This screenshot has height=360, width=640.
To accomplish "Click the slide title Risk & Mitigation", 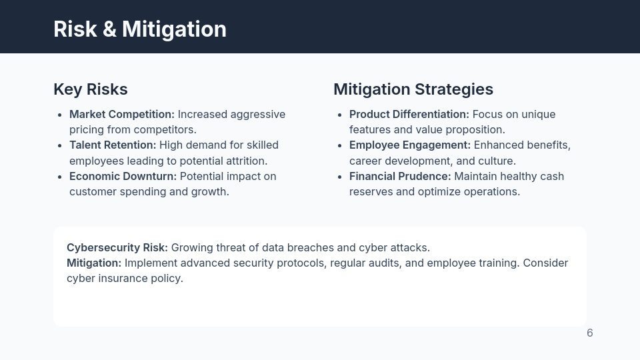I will point(140,29).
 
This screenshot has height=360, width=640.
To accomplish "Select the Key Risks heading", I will point(91,89).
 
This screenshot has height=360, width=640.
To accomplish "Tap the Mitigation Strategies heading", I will point(413,89).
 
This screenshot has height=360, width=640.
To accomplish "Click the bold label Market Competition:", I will point(122,114).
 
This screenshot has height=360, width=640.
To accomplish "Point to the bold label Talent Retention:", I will point(113,145).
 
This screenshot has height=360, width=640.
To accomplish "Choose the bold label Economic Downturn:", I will point(123,176).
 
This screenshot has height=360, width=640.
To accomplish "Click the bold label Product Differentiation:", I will point(409,114).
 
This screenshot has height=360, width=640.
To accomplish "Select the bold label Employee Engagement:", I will point(410,145).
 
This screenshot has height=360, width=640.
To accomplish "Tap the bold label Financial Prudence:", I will point(400,176).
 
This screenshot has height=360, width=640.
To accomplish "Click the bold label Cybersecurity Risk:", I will point(117,247).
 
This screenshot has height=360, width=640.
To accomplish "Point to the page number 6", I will point(590,333).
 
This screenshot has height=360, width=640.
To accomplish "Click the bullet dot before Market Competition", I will point(60,115).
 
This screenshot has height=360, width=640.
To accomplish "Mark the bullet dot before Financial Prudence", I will point(340,177).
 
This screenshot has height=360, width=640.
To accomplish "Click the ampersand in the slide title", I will point(110,29).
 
